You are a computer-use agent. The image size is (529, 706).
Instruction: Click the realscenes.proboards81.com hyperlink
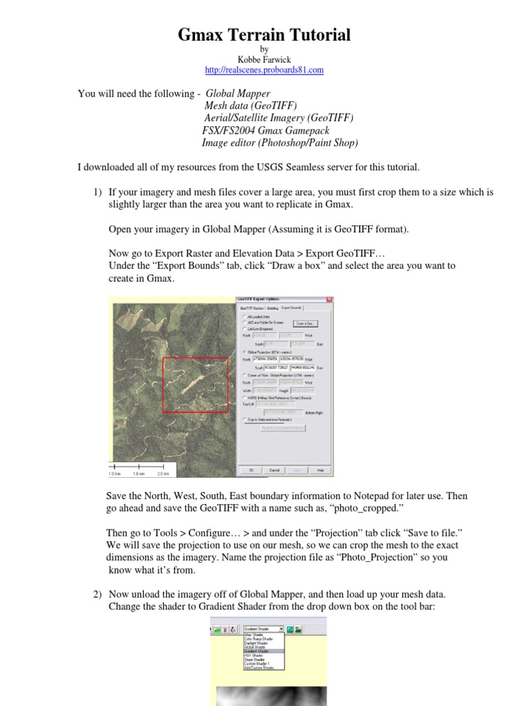[x=264, y=70]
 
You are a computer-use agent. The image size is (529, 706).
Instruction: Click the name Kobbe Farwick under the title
[x=264, y=60]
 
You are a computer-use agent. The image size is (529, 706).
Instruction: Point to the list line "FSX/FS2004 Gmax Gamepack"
[x=266, y=130]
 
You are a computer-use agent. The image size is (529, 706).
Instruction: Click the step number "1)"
[x=98, y=192]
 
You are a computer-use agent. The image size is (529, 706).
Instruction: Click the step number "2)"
[x=98, y=594]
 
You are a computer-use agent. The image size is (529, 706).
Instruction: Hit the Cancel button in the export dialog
[x=273, y=470]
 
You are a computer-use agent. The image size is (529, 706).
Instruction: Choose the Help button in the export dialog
[x=320, y=470]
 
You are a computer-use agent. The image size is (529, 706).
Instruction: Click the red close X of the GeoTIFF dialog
[x=329, y=300]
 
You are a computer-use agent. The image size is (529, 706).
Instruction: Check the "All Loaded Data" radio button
[x=244, y=316]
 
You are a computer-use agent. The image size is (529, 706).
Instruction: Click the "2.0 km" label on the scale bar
[x=163, y=474]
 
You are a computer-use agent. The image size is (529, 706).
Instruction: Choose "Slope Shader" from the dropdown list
[x=253, y=659]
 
